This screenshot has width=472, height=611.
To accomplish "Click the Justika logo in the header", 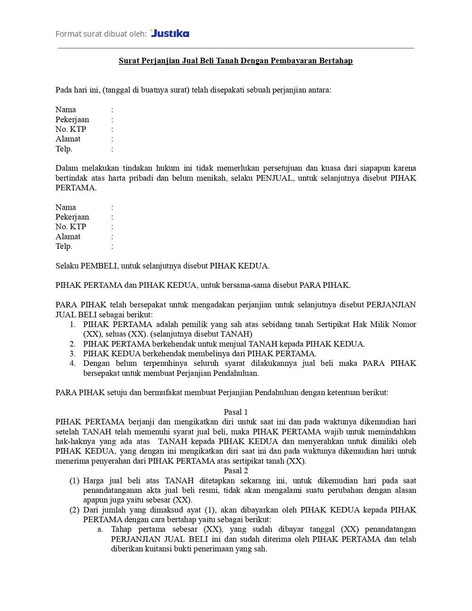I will point(170,33).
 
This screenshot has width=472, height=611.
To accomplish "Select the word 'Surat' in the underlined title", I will point(128,61).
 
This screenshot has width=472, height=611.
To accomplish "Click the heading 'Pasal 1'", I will point(236,412).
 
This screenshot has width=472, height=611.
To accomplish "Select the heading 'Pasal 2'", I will point(236,471).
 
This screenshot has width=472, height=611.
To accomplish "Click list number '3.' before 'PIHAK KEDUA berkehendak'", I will point(73,354).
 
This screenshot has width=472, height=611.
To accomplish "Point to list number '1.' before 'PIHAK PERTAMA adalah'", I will point(73,324).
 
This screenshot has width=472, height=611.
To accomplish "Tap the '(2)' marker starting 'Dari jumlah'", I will point(75,510).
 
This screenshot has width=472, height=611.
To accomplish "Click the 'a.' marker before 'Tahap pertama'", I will point(100,529).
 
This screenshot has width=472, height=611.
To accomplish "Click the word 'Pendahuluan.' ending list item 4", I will point(236,373).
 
